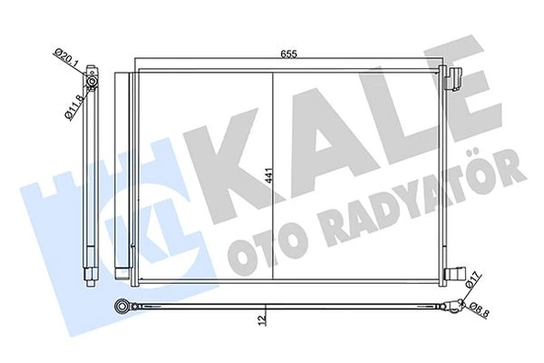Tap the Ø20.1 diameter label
pos(67,67)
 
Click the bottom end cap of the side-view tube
pos(89,274)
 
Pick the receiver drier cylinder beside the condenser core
pos(121,175)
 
